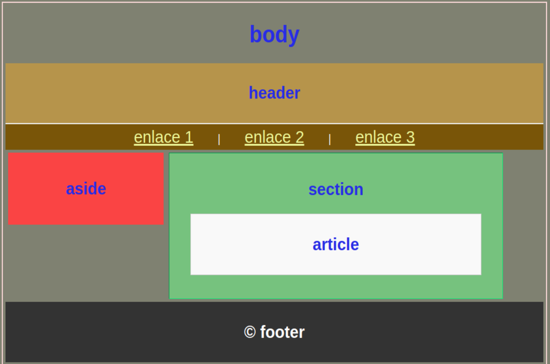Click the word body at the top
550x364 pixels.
(x=274, y=35)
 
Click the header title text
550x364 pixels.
(x=274, y=93)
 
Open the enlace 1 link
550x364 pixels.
(x=164, y=137)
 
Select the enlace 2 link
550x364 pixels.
(x=274, y=137)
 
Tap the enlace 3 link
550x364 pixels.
(x=385, y=137)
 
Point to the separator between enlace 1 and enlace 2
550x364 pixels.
(x=219, y=139)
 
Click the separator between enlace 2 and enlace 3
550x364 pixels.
(x=330, y=139)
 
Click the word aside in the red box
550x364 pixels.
(x=86, y=189)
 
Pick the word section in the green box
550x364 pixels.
(x=336, y=189)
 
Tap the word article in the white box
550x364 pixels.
(x=336, y=244)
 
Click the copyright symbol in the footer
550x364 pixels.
(x=250, y=332)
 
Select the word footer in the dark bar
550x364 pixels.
(x=282, y=332)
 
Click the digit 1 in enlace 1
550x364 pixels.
(x=189, y=137)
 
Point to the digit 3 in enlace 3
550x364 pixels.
(x=411, y=137)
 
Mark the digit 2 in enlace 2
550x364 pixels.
(x=300, y=137)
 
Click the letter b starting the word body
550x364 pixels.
(x=255, y=34)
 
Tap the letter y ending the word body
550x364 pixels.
(x=294, y=37)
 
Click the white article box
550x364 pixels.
(x=336, y=244)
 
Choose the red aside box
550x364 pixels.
(x=86, y=189)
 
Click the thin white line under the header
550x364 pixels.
(x=274, y=123)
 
